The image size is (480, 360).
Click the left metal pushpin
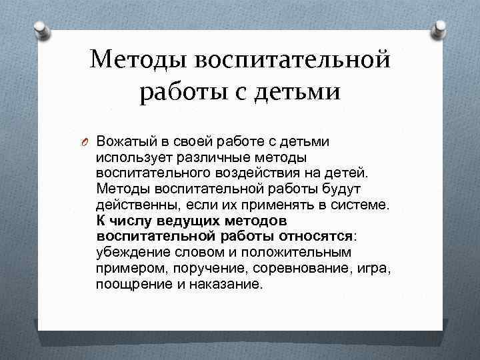click(39, 29)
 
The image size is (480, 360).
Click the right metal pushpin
click(440, 29)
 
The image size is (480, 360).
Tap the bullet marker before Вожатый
click(87, 142)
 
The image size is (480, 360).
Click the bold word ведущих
click(175, 220)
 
